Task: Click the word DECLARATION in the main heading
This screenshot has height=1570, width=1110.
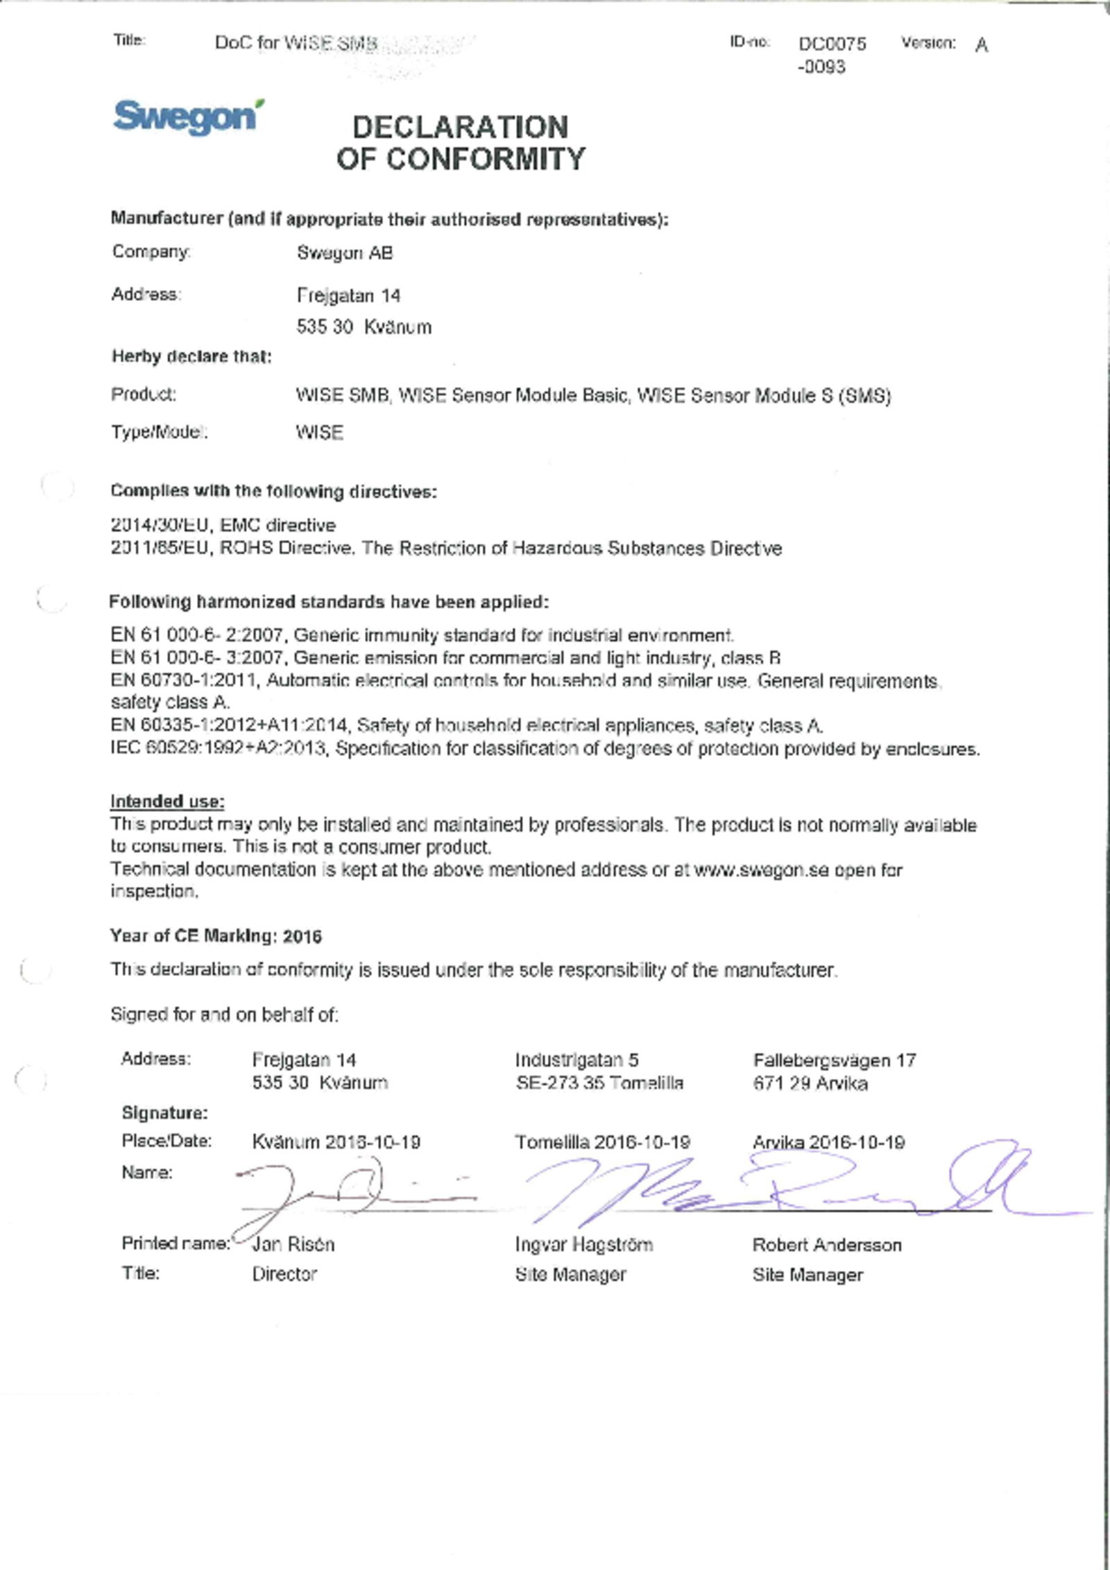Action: click(460, 128)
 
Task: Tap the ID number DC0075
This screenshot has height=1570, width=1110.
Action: click(832, 44)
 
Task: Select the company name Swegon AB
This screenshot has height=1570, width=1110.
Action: click(345, 253)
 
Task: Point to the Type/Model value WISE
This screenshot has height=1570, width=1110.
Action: click(319, 433)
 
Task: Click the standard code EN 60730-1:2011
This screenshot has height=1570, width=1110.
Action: click(184, 680)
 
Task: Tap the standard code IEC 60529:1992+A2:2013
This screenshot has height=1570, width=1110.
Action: click(218, 748)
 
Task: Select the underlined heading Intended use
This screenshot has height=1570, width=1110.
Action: click(167, 802)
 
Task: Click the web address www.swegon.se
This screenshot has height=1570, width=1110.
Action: click(761, 870)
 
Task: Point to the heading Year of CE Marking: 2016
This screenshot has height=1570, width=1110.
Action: click(216, 936)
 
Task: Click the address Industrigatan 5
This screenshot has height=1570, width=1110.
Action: click(576, 1060)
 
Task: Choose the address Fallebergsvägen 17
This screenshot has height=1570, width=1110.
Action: click(834, 1060)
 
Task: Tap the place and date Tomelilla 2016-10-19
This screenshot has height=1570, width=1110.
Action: click(601, 1142)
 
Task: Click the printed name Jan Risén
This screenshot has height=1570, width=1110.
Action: click(293, 1245)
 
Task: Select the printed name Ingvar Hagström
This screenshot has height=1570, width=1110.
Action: click(583, 1245)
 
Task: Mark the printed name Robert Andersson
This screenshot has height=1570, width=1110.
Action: click(827, 1245)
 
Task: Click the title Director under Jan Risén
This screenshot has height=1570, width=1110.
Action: click(284, 1274)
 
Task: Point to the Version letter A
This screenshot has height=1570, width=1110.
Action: click(981, 46)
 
